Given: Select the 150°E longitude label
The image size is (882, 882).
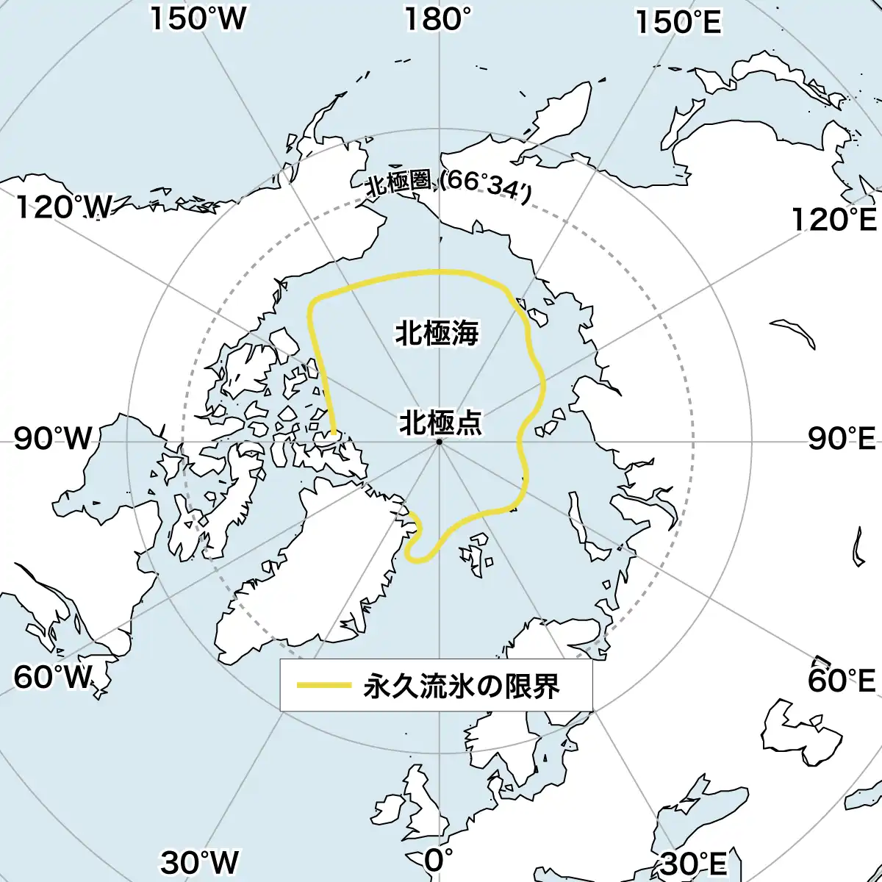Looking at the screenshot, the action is (x=678, y=23).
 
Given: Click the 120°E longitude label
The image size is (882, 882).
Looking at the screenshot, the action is (x=833, y=219).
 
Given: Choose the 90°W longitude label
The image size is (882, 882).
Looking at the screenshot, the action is (x=53, y=440).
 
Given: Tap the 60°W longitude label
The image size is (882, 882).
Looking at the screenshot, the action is (x=54, y=677).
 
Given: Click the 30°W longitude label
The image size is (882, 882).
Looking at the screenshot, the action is (x=200, y=862).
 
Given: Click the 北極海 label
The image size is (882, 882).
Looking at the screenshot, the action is (x=437, y=333).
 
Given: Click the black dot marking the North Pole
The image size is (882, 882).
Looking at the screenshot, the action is (x=439, y=442).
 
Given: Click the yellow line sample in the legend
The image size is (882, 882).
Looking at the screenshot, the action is (x=323, y=686).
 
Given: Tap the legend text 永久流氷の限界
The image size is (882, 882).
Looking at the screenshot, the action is (x=462, y=686).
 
